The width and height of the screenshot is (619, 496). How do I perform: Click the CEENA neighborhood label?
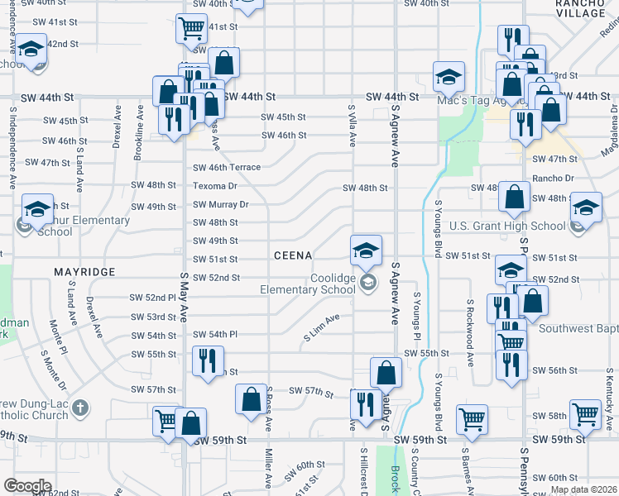click(293, 256)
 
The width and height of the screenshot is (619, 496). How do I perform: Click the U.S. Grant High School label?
click(507, 226)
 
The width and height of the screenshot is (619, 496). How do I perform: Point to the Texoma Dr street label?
click(215, 186)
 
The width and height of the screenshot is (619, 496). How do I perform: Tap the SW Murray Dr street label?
click(221, 204)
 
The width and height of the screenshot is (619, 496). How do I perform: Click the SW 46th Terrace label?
click(227, 168)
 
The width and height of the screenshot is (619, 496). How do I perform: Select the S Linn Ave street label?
click(323, 327)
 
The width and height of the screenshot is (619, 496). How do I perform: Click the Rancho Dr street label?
click(554, 179)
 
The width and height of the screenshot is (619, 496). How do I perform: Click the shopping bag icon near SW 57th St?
click(251, 400)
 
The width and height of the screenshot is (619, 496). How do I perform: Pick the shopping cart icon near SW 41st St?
click(191, 29)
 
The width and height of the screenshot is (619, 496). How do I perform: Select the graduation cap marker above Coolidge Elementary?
click(366, 249)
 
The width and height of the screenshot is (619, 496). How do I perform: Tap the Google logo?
click(28, 486)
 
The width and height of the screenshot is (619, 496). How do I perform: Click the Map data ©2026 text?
click(583, 489)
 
